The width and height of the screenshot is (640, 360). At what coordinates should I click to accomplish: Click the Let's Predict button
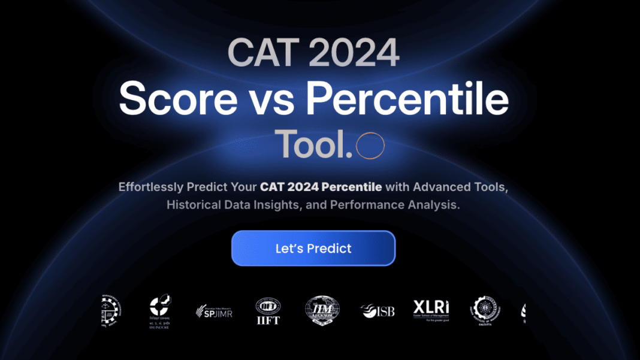click(313, 248)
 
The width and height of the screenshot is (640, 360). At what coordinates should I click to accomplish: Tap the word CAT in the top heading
click(258, 54)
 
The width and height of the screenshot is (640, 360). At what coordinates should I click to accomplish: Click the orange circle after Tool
click(370, 146)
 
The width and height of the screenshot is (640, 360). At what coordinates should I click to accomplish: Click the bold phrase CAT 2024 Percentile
click(321, 187)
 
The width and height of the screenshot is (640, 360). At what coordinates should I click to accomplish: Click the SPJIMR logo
click(214, 311)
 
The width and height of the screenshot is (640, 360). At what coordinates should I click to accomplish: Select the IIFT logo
click(268, 311)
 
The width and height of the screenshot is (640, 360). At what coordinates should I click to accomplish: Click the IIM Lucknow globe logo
click(322, 311)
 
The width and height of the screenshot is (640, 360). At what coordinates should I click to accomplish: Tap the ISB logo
click(377, 311)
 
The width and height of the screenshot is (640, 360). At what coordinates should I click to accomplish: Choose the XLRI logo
click(431, 310)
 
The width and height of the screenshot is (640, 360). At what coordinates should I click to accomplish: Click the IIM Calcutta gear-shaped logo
click(485, 310)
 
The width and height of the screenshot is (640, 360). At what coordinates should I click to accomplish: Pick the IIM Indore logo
click(160, 312)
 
